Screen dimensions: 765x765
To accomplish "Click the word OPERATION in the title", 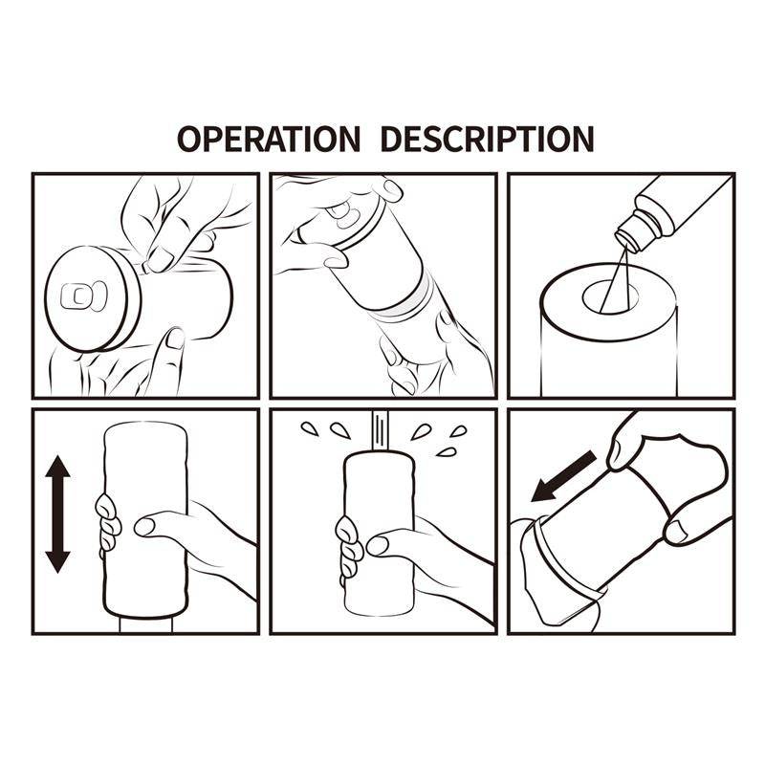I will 269,138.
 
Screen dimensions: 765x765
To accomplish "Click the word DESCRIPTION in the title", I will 487,138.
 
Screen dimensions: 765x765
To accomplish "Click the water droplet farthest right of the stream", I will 460,430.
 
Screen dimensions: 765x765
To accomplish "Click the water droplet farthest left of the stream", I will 307,426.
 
